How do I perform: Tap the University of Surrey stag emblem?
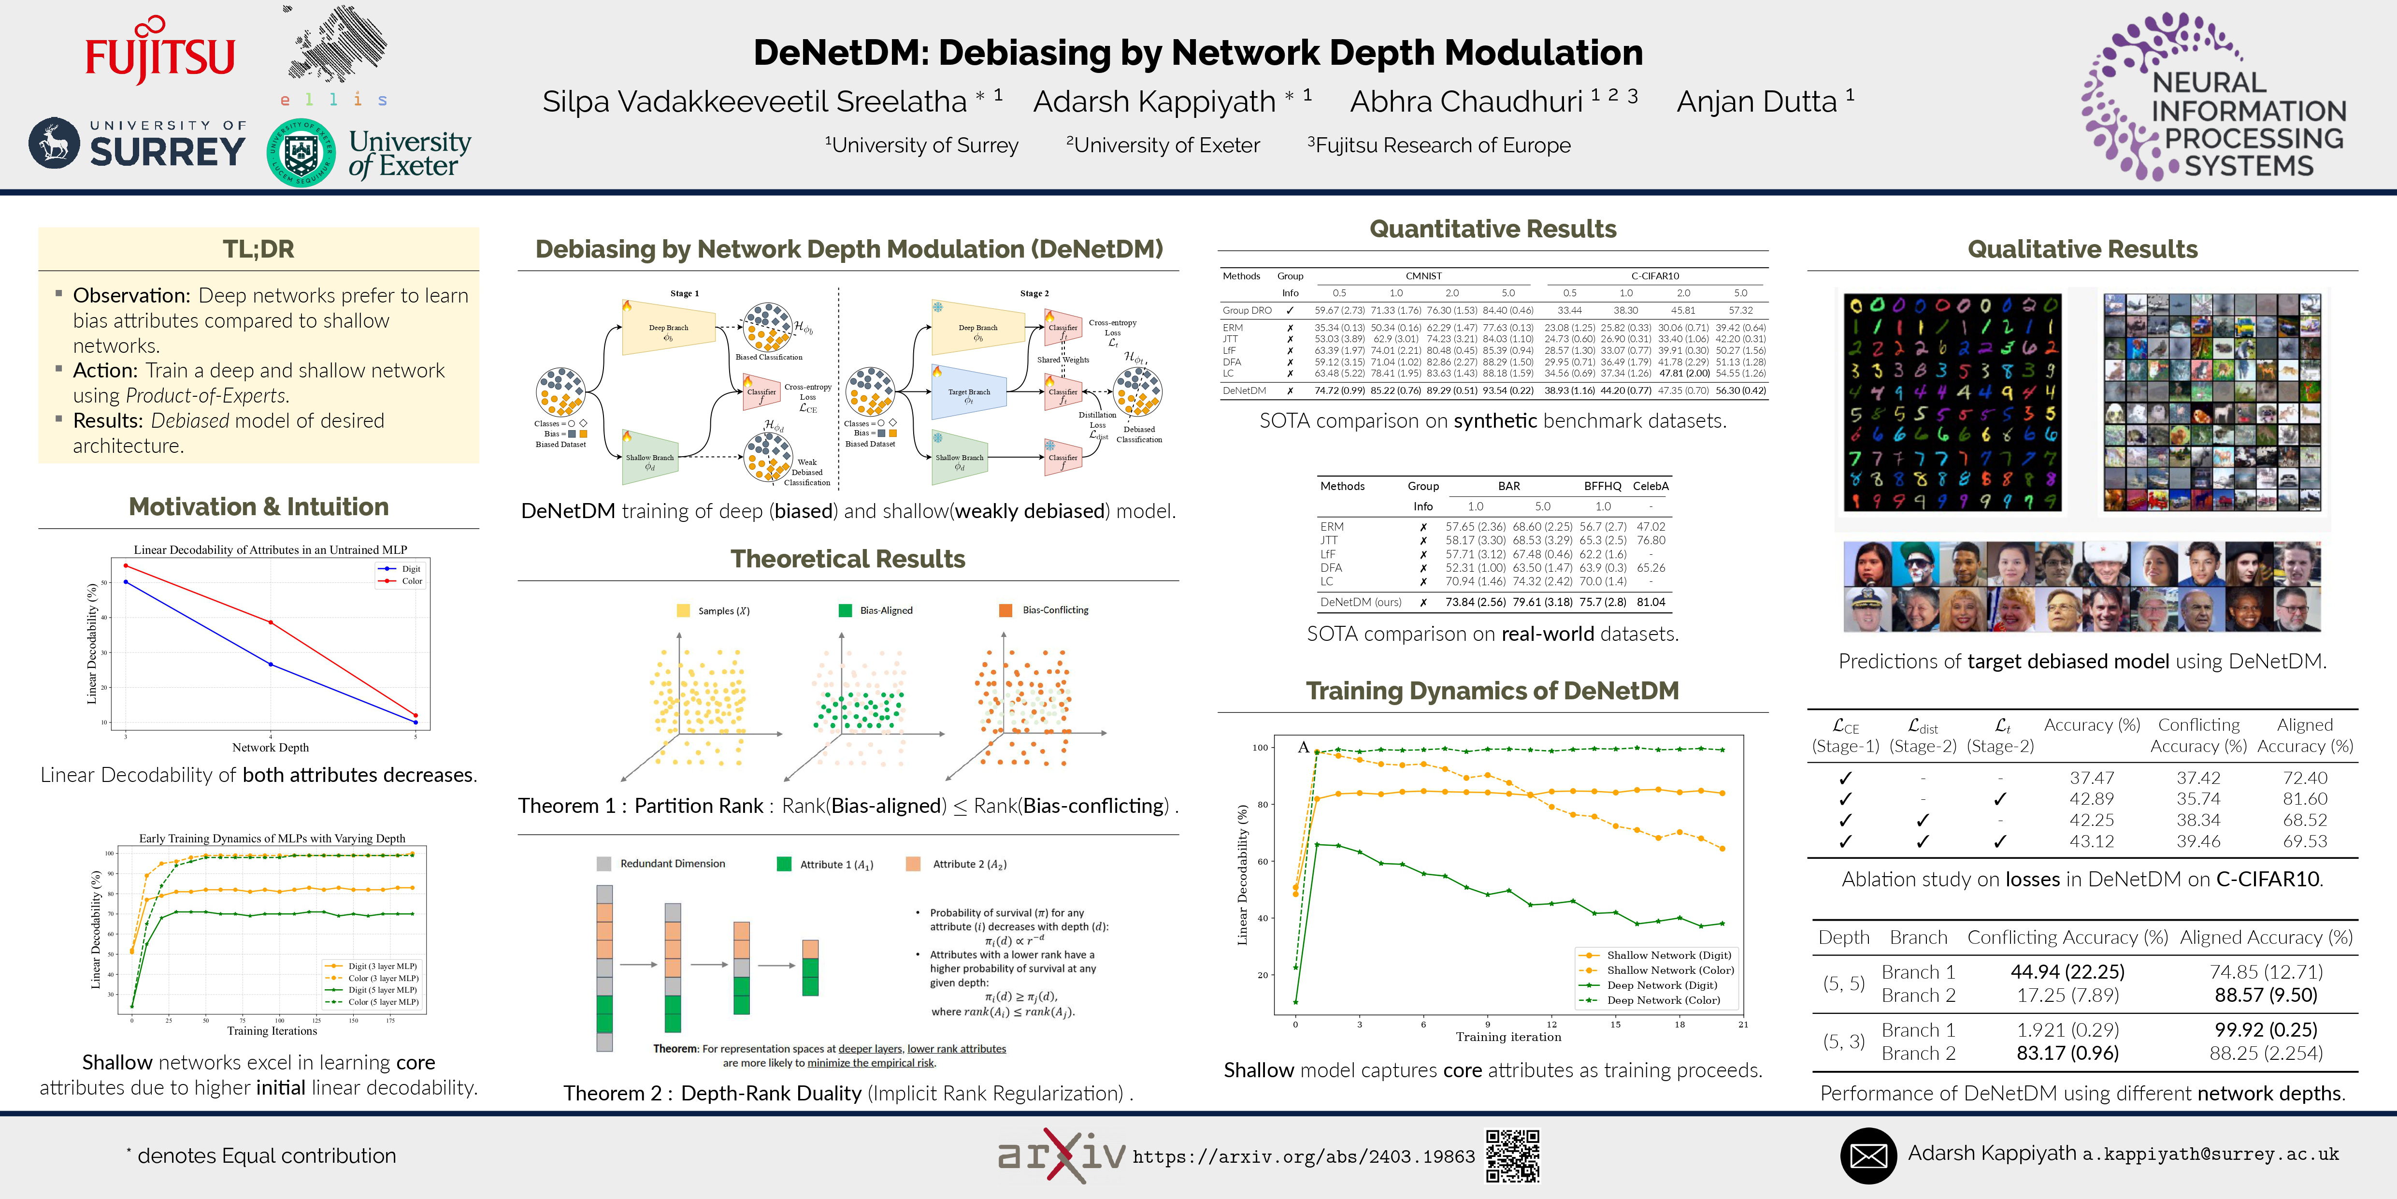(54, 144)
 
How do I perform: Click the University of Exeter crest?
(301, 153)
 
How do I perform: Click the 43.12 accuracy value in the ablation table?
(2092, 841)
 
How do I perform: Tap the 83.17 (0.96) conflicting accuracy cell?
(2067, 1053)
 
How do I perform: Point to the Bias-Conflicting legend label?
(1055, 611)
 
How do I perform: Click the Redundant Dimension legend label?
(672, 864)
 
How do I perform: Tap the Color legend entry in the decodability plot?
(411, 581)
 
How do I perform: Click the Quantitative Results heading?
(1493, 229)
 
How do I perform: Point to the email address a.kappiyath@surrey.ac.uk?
(2210, 1155)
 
